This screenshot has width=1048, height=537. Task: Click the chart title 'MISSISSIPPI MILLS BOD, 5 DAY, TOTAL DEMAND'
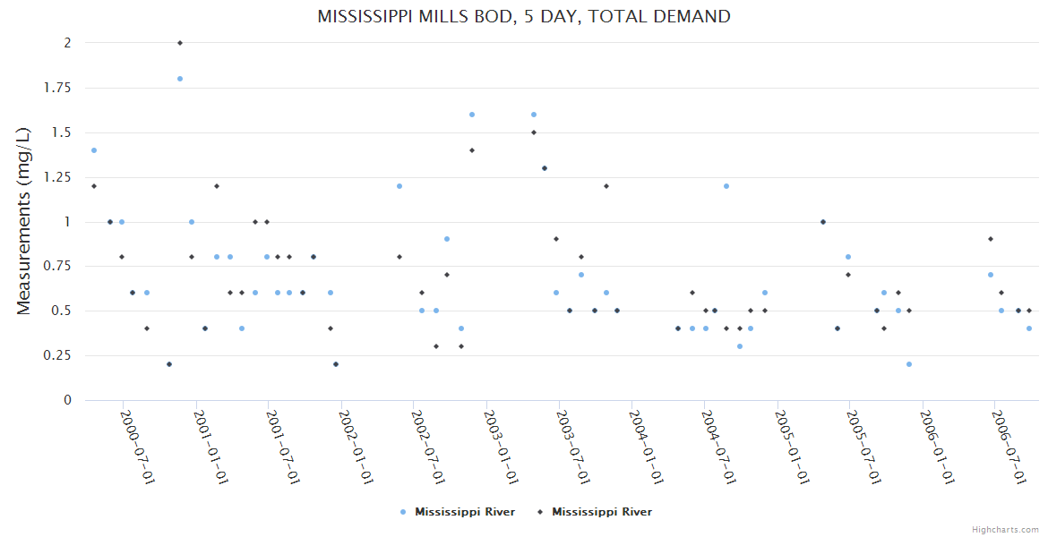pyautogui.click(x=523, y=17)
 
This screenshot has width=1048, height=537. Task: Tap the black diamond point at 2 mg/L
pyautogui.click(x=180, y=43)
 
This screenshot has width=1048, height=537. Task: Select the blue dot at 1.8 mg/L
pyautogui.click(x=180, y=79)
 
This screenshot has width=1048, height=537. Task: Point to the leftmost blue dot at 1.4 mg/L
pyautogui.click(x=94, y=150)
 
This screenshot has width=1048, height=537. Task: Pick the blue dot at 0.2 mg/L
pyautogui.click(x=909, y=364)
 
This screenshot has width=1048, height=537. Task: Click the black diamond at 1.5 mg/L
pyautogui.click(x=534, y=132)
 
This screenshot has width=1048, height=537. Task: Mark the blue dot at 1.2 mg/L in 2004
pyautogui.click(x=726, y=186)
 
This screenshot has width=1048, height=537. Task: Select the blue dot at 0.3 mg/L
pyautogui.click(x=740, y=346)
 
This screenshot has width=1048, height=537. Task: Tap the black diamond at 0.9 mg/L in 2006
pyautogui.click(x=991, y=239)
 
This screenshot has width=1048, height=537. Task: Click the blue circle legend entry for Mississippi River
pyautogui.click(x=458, y=512)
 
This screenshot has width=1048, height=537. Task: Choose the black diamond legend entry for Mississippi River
pyautogui.click(x=595, y=512)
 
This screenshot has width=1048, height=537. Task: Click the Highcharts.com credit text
pyautogui.click(x=1005, y=529)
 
